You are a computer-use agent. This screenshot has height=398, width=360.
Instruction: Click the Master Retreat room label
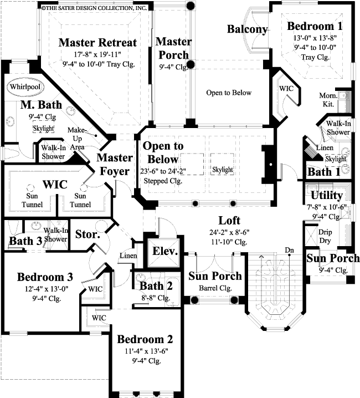[97, 43]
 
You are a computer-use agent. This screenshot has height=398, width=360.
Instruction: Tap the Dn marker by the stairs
[289, 250]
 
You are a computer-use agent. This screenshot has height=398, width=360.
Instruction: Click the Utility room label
[326, 196]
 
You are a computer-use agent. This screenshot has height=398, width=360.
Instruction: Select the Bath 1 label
[323, 172]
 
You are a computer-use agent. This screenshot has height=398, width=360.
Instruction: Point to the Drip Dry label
[325, 236]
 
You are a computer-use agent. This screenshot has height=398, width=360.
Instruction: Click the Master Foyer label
[115, 165]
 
